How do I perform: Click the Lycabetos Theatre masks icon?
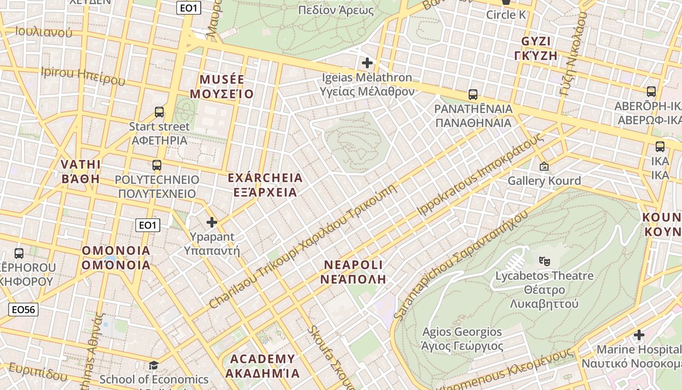coord(545,261)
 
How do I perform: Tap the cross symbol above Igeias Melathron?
coord(367,63)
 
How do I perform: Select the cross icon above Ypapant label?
coord(212,223)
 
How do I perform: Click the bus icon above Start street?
coord(159,112)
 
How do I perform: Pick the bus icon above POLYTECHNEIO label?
coord(157,165)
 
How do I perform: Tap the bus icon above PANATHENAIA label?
coord(473,95)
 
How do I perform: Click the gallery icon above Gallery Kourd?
coord(544,167)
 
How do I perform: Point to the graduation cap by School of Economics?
coord(153,365)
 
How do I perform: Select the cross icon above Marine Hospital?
coord(639,335)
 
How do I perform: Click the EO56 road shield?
coord(23,310)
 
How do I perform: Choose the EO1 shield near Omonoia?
coord(147,225)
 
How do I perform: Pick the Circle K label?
coord(506,15)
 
